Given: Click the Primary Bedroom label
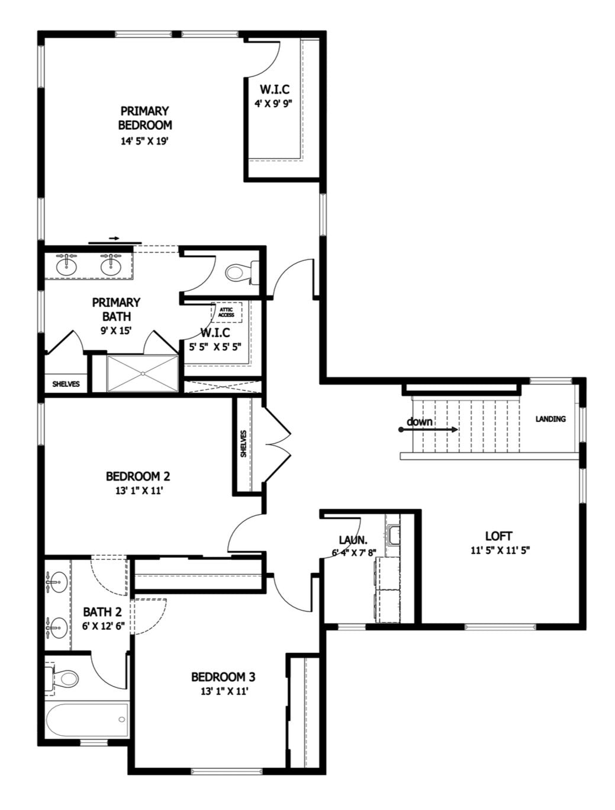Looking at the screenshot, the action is [x=145, y=118].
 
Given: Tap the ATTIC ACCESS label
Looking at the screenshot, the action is [x=226, y=312].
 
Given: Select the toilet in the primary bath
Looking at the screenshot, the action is [x=242, y=273].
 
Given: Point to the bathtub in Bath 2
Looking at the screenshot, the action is [x=87, y=719].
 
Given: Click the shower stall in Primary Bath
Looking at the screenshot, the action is [x=142, y=373].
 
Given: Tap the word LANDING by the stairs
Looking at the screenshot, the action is [x=550, y=419].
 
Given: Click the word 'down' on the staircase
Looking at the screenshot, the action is [x=419, y=422].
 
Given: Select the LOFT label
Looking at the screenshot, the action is [x=498, y=536].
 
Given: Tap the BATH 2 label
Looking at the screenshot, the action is [x=102, y=612].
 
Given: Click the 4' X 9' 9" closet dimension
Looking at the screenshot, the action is [x=273, y=104].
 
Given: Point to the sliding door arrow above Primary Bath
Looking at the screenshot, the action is [x=115, y=238].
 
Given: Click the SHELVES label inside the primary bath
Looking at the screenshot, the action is [x=66, y=384].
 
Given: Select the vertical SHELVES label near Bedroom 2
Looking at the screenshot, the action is [x=243, y=444].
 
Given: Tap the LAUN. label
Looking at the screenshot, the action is [x=353, y=540].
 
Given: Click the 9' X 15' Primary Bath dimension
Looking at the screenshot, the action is [x=116, y=331].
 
